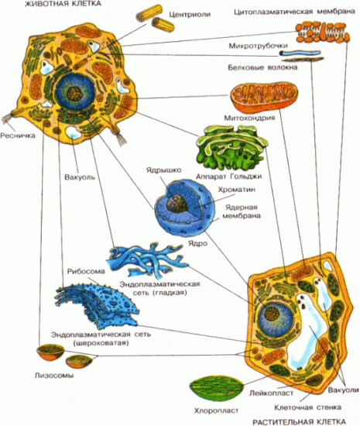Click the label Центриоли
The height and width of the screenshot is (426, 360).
pyautogui.click(x=190, y=15)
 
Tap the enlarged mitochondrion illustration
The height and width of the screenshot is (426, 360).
pyautogui.click(x=264, y=98)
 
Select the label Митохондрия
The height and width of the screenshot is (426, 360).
pyautogui.click(x=249, y=118)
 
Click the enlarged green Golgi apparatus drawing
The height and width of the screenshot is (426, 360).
pyautogui.click(x=232, y=148)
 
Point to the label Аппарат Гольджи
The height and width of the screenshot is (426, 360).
pyautogui.click(x=228, y=177)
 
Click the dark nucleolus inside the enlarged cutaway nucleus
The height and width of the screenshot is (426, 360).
pyautogui.click(x=177, y=204)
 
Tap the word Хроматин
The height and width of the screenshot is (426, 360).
pyautogui.click(x=236, y=190)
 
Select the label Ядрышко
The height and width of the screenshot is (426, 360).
pyautogui.click(x=163, y=170)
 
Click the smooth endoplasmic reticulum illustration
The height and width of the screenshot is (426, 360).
pyautogui.click(x=146, y=261)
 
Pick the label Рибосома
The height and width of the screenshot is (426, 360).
pyautogui.click(x=86, y=271)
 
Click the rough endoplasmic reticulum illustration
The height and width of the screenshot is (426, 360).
pyautogui.click(x=96, y=305)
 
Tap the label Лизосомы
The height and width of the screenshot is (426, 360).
pyautogui.click(x=54, y=376)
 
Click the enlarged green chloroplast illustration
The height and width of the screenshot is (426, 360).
pyautogui.click(x=216, y=388)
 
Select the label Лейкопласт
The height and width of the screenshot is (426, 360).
pyautogui.click(x=271, y=393)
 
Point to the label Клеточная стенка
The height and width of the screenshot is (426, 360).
pyautogui.click(x=307, y=407)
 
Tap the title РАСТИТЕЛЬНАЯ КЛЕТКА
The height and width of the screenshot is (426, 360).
pyautogui.click(x=299, y=422)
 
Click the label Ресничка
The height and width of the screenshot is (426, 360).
pyautogui.click(x=18, y=136)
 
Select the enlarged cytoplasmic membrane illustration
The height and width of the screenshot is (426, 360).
pyautogui.click(x=323, y=33)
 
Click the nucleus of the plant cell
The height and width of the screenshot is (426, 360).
pyautogui.click(x=276, y=316)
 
